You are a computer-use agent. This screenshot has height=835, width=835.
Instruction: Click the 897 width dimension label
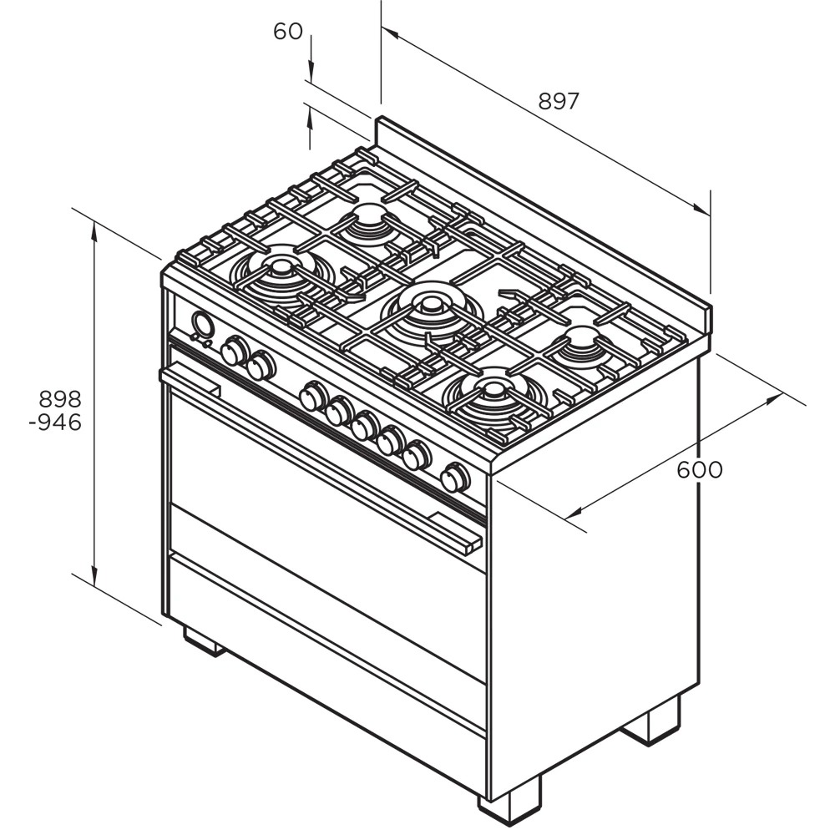[x=558, y=101]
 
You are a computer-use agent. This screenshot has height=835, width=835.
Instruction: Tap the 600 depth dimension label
[x=700, y=469]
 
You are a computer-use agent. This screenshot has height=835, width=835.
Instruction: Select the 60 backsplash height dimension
[x=288, y=32]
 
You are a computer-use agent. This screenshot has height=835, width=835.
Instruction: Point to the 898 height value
[x=60, y=399]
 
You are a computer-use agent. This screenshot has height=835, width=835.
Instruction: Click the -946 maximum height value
[x=55, y=423]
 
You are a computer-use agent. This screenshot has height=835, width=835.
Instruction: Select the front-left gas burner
[x=282, y=273]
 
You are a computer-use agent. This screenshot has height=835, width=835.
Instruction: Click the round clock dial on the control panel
[x=203, y=324]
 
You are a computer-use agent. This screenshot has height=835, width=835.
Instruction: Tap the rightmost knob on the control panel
[x=455, y=478]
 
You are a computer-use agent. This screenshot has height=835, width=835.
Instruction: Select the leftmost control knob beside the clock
[x=235, y=351]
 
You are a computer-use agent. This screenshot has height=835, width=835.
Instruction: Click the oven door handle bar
[x=321, y=456]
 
